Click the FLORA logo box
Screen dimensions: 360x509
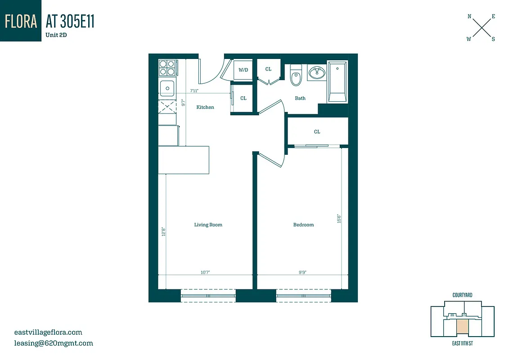(x=21, y=21)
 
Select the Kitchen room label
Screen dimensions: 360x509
(x=205, y=107)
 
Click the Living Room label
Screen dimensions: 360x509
(x=208, y=225)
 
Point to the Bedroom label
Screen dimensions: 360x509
(x=303, y=225)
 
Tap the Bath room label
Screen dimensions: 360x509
(x=300, y=98)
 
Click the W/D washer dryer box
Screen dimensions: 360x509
(x=243, y=70)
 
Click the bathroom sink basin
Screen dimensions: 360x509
(x=317, y=72)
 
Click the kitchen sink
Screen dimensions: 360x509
(x=167, y=88)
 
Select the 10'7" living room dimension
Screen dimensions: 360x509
(x=205, y=272)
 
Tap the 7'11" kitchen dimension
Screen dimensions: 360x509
(x=194, y=91)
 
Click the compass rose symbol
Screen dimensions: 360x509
(x=481, y=27)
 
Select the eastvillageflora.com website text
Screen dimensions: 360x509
(x=48, y=333)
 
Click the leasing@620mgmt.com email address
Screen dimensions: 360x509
(x=54, y=343)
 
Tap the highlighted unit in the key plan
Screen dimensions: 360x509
(x=462, y=326)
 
